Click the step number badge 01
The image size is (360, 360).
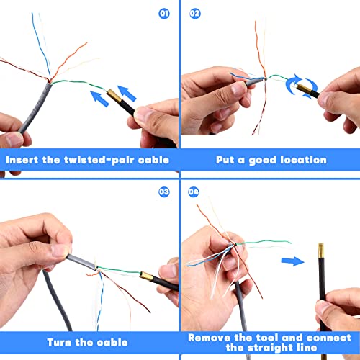tap(165, 13)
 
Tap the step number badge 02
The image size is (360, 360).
tap(194, 13)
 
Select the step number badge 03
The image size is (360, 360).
tap(165, 192)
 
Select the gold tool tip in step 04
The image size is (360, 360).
tap(318, 254)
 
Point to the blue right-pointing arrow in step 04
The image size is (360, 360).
tap(291, 261)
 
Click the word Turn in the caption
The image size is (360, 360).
tap(61, 342)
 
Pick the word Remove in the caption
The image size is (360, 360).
tap(214, 336)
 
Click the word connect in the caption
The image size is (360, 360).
tap(326, 336)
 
